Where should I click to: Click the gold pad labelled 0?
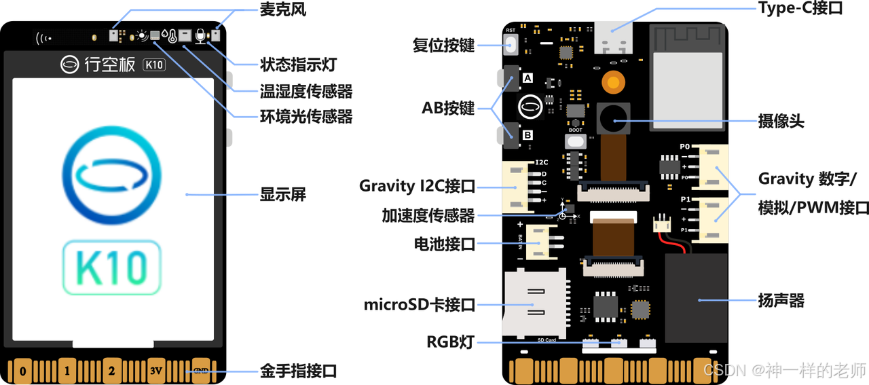[x=23, y=371]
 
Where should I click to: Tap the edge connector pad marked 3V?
[x=157, y=371]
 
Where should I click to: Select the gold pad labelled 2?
[x=112, y=371]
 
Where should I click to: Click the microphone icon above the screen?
[x=200, y=35]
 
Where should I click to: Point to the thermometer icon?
[x=172, y=36]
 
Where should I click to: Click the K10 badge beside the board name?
[x=154, y=65]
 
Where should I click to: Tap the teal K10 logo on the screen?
[x=112, y=267]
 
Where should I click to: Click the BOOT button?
[x=576, y=141]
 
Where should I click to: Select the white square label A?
[x=528, y=78]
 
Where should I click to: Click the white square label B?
[x=528, y=135]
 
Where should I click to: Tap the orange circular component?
[x=614, y=83]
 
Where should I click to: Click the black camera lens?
[x=614, y=119]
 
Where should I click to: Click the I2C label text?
[x=541, y=162]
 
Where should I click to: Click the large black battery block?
[x=697, y=298]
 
